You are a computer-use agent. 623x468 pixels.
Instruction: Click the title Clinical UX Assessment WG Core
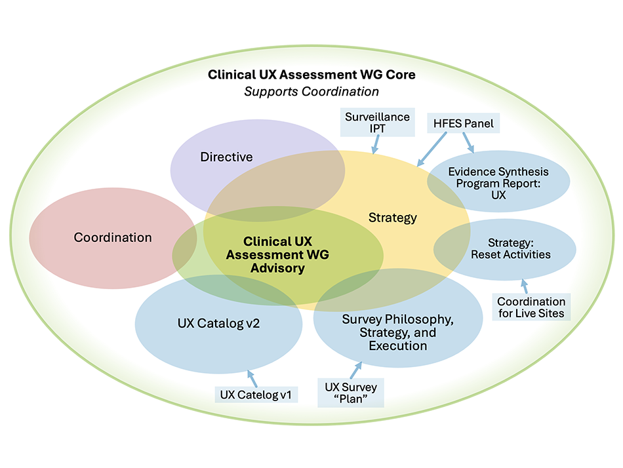[x=311, y=75]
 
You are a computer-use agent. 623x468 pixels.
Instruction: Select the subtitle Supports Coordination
[x=311, y=92]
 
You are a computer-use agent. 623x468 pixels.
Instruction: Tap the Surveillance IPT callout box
[x=377, y=123]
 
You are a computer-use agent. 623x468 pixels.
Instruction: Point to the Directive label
[x=226, y=157]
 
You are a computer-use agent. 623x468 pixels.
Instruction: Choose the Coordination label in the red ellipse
[x=113, y=237]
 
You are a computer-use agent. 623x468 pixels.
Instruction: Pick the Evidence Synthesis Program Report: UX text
[x=498, y=183]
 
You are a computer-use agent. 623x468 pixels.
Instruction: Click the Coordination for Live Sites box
[x=531, y=307]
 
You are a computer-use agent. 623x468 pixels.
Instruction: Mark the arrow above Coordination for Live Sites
[x=525, y=286]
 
